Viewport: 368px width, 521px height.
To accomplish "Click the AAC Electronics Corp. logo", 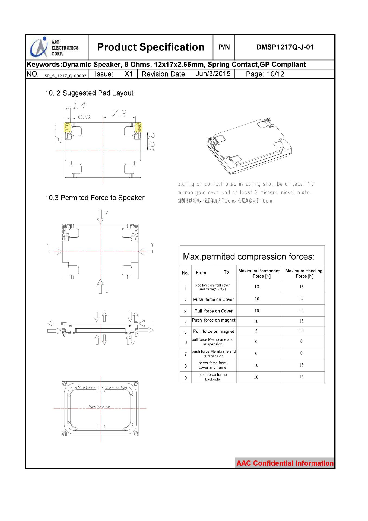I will pos(54,47).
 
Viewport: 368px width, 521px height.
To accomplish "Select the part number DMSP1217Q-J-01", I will pos(285,47).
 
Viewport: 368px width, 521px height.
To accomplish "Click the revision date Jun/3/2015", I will pos(213,74).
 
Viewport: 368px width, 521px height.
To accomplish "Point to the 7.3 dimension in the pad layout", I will pos(119,114).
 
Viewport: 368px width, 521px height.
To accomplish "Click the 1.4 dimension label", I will pos(79,105).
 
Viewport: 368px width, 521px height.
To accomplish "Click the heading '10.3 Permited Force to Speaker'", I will pos(95,198).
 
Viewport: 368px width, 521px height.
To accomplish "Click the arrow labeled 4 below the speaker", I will pos(100,286).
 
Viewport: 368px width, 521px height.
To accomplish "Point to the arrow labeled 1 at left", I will pos(55,252).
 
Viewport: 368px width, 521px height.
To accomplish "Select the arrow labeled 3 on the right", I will pos(146,252).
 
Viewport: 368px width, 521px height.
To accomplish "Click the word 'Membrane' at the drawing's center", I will pos(99,407).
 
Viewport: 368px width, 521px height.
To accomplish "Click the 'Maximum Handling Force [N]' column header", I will pos(303,273).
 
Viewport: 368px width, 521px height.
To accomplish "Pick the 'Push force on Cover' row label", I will pos(213,300).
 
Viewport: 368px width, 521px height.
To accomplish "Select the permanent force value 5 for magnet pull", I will pos(256,331).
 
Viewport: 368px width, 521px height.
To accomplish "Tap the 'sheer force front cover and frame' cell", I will pos(212,365).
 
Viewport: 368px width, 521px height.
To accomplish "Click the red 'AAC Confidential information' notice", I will pos(285,463).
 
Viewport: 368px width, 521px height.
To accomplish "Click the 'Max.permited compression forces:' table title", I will pos(248,257).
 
